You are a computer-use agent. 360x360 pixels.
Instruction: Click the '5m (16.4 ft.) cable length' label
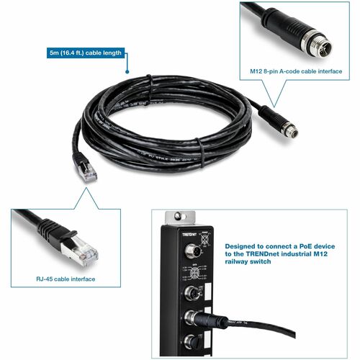(84, 52)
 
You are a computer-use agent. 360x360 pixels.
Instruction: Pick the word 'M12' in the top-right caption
(248, 72)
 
